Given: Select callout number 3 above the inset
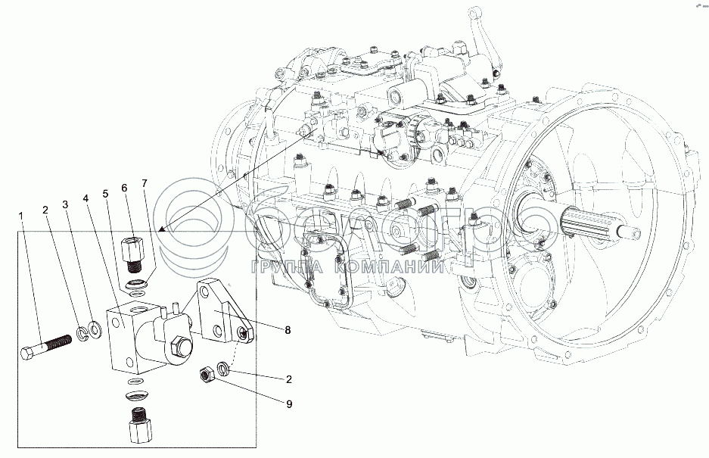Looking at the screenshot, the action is pyautogui.click(x=66, y=204).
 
